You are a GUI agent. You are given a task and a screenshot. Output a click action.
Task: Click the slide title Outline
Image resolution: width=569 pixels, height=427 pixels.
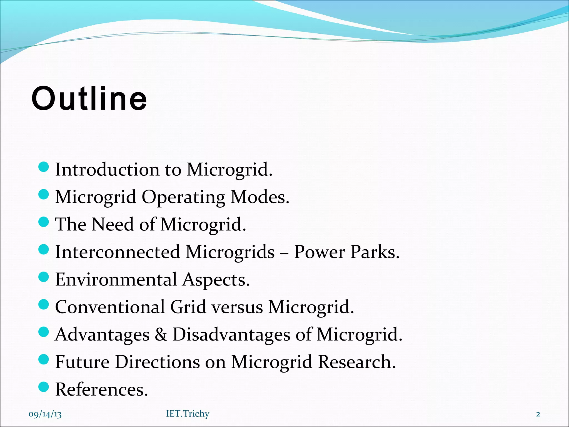tap(89, 99)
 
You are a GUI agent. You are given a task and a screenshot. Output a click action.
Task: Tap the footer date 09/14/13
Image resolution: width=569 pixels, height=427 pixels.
tap(45, 414)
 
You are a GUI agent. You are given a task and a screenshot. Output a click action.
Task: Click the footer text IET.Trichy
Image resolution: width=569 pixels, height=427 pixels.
tap(188, 414)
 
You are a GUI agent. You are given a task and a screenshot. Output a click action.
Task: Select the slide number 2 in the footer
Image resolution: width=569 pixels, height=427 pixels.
tap(538, 414)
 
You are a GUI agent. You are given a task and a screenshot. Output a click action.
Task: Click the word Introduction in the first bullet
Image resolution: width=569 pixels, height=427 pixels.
tap(107, 169)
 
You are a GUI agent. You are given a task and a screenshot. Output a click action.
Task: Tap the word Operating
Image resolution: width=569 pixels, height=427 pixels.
tap(183, 197)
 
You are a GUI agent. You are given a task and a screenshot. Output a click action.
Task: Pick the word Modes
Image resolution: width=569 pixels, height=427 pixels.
tap(260, 197)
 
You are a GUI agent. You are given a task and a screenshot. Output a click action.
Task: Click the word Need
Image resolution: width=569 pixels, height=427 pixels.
tap(113, 224)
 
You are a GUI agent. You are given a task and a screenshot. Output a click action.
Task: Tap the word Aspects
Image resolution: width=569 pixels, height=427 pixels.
tap(216, 280)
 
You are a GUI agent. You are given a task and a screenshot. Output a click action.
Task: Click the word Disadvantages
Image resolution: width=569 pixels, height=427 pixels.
tap(231, 334)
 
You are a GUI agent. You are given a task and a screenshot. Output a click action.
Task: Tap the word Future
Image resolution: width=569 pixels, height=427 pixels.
tap(83, 362)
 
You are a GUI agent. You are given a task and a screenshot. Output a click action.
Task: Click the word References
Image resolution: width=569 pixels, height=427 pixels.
tap(101, 389)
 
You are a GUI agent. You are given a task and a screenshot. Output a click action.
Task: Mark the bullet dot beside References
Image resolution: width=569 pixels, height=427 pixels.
tap(44, 387)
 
